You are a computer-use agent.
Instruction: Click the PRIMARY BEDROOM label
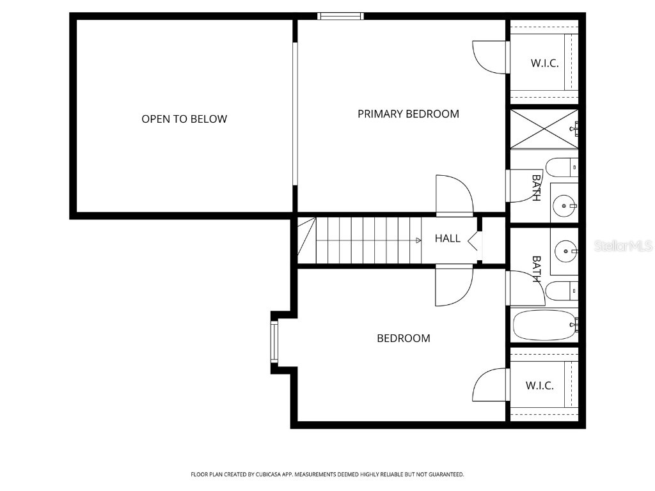coord(408,114)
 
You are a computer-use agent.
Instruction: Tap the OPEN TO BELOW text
coord(184,119)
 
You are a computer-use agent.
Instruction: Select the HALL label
coord(447,238)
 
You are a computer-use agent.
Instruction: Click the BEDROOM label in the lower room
coord(403,338)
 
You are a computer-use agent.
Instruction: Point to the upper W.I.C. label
coord(544,63)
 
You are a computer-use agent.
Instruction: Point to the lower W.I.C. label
coord(539,386)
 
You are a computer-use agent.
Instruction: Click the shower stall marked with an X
coord(543,129)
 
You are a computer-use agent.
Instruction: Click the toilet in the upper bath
coord(564,168)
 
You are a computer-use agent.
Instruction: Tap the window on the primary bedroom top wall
coord(340,16)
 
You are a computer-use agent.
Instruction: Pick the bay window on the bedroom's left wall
coord(275,342)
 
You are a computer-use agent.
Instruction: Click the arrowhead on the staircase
coord(418,240)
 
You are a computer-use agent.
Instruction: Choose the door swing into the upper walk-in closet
coord(490,57)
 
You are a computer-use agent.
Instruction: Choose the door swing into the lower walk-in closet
coord(490,385)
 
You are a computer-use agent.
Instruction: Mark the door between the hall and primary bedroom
coord(454,196)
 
